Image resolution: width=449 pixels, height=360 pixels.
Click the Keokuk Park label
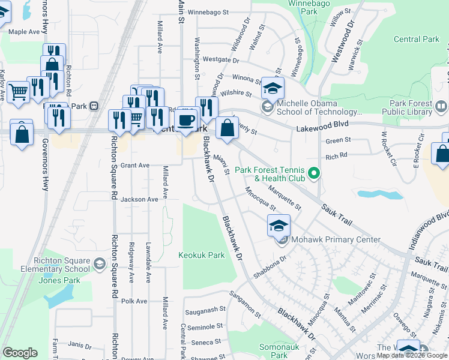tap(201, 255)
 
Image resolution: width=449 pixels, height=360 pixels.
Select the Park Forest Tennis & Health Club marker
tap(312, 175)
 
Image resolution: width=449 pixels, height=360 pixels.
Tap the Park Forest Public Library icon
tap(441, 107)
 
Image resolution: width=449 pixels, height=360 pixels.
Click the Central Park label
tap(417, 40)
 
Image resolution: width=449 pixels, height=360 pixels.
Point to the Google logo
tap(20, 353)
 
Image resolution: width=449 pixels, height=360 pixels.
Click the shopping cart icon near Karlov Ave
tap(19, 92)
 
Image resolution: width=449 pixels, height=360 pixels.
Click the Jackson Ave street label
tap(139, 199)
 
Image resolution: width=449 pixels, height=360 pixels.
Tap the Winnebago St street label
tap(208, 11)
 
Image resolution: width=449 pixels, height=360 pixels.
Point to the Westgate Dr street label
tap(221, 60)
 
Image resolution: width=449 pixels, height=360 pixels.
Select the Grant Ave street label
tap(134, 165)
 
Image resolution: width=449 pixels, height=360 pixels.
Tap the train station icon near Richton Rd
tap(94, 106)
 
